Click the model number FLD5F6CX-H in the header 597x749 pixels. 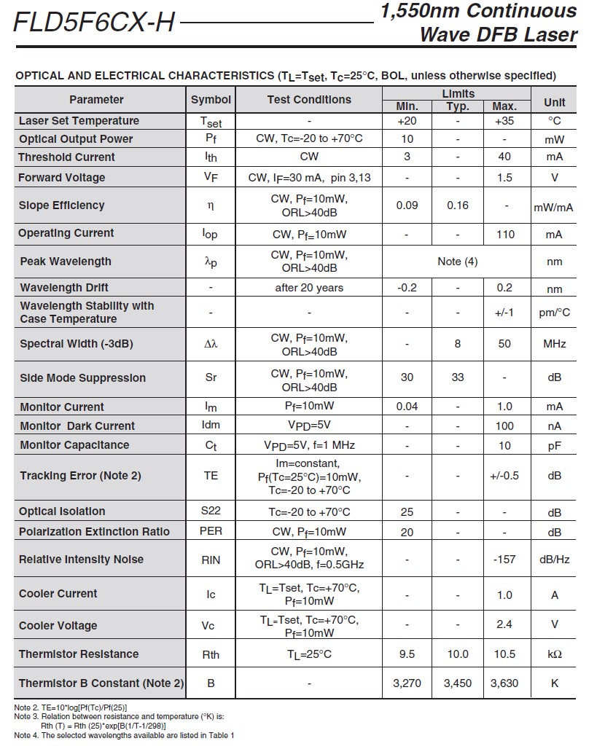point(94,23)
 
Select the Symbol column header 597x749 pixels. point(211,100)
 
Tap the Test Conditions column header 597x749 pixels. point(309,100)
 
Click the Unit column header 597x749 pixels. point(554,102)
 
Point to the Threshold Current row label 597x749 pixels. point(67,157)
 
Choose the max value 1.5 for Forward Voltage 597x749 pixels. point(504,178)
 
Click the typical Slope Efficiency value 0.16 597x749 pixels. point(458,205)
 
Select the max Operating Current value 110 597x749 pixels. point(504,234)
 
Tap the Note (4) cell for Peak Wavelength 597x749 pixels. point(458,262)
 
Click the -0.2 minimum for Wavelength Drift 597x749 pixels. point(407,288)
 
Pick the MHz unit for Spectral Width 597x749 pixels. point(554,343)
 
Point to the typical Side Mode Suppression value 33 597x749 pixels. point(458,377)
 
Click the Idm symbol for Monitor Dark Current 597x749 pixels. point(211,426)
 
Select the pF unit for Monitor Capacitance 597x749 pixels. point(554,445)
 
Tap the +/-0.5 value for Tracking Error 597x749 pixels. point(504,476)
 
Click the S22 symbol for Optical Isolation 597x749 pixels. point(211,511)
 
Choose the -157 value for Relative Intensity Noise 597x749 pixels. point(504,560)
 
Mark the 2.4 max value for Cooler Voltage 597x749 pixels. point(504,624)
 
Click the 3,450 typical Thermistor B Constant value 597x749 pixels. point(458,683)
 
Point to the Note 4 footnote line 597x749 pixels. point(124,735)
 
